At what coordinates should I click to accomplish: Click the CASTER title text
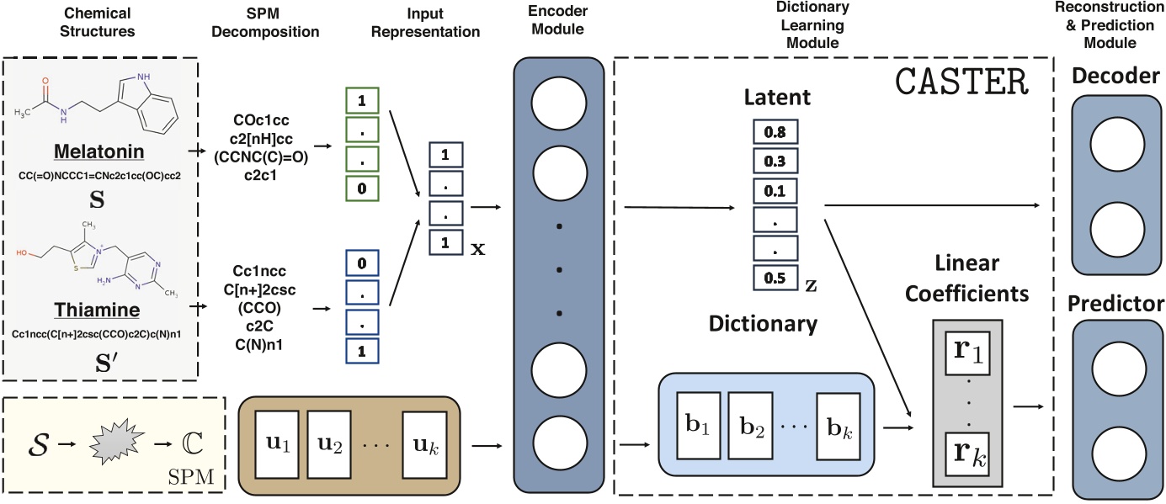click(x=963, y=82)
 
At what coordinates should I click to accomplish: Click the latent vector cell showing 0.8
click(x=775, y=132)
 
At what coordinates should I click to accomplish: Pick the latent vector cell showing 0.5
click(x=775, y=277)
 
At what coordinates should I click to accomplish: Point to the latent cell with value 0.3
click(x=775, y=162)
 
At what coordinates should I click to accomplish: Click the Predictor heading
click(x=1116, y=303)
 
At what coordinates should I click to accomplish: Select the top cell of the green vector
click(x=363, y=100)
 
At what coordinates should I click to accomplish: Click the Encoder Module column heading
click(x=555, y=22)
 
